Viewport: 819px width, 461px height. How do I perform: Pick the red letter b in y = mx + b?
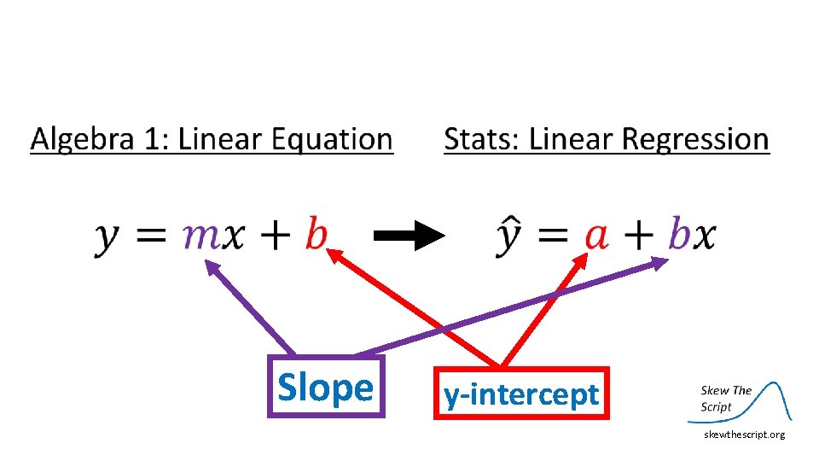(317, 233)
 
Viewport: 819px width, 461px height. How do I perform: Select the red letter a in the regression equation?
(595, 235)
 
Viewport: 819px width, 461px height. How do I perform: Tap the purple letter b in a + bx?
(679, 233)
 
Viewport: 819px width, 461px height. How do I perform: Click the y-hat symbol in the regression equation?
(509, 235)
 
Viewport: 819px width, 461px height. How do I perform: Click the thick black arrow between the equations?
(409, 235)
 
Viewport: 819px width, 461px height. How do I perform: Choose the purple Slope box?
(326, 387)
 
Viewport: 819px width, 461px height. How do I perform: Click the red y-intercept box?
(521, 394)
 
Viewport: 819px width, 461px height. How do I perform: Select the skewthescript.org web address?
(744, 435)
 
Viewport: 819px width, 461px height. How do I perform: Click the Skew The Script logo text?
(725, 398)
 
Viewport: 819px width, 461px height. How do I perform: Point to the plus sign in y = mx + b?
(271, 235)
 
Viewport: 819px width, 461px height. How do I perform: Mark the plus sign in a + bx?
(637, 235)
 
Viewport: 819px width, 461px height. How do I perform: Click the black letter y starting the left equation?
(107, 236)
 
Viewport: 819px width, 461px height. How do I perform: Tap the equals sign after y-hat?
(553, 235)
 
